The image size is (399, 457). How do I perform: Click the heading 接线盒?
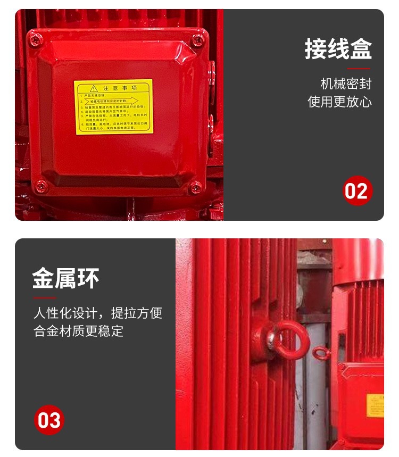tap(338, 49)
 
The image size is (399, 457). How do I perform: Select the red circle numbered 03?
tap(49, 420)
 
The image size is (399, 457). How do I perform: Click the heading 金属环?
tap(66, 278)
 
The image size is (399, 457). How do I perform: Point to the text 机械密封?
tap(346, 84)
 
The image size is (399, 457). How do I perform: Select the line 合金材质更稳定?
tap(79, 331)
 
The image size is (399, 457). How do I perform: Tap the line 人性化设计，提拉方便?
tap(98, 313)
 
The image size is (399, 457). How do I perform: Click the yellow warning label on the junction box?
tap(113, 107)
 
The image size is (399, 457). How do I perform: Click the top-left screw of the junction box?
tap(37, 39)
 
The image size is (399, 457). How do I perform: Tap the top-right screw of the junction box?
tap(198, 39)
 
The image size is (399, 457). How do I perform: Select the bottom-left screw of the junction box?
tap(41, 186)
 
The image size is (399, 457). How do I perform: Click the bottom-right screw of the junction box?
tap(196, 187)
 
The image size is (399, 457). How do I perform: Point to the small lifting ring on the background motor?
tap(320, 353)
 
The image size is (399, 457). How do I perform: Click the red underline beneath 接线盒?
tap(359, 69)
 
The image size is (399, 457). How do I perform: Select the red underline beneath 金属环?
tap(44, 297)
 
